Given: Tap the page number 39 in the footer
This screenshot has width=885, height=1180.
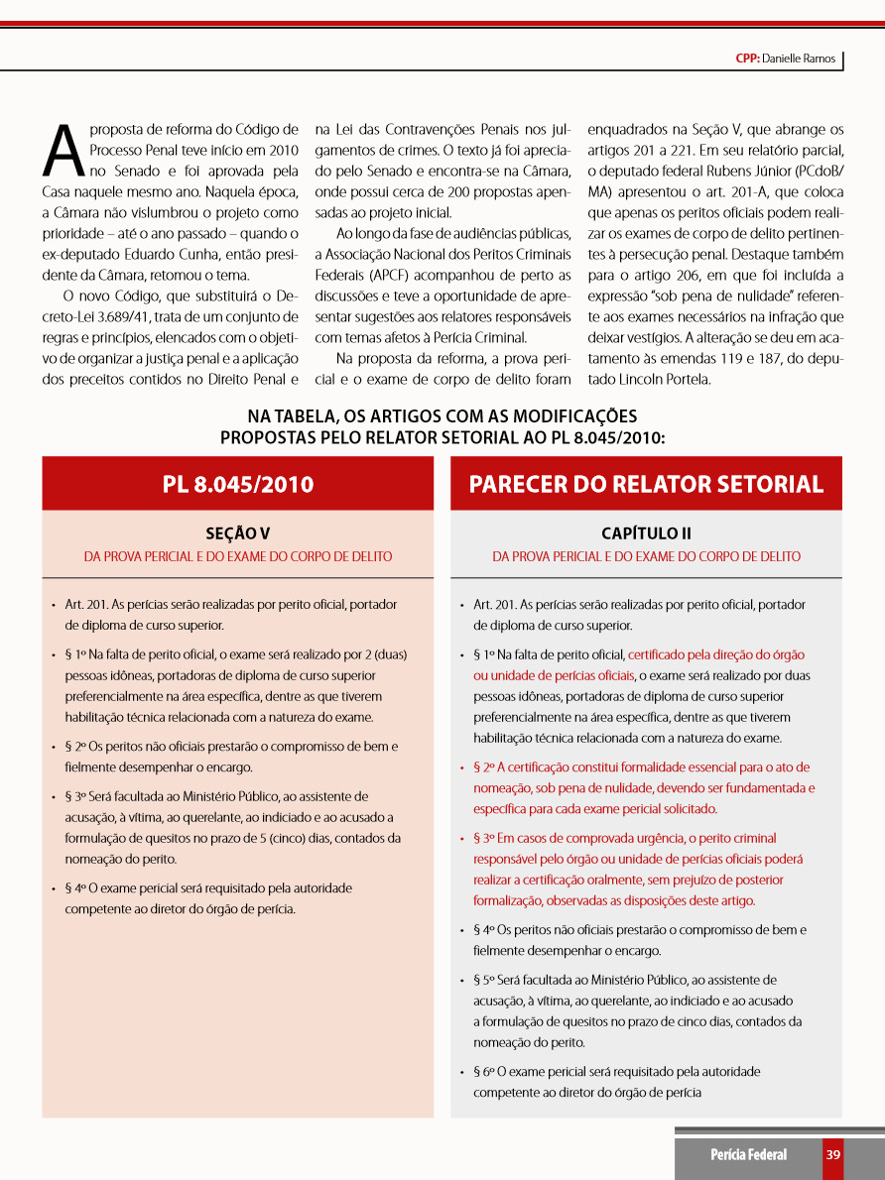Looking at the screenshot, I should coord(833,1154).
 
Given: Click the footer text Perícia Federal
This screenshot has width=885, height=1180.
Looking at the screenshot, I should coord(748,1154).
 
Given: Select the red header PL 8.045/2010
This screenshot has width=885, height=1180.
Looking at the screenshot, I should coord(238,484).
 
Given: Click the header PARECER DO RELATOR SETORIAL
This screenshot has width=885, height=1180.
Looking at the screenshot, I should coord(646,484).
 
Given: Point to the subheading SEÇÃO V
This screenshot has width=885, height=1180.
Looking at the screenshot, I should coord(237,533).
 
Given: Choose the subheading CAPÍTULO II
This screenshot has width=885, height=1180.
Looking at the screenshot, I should coord(646,533).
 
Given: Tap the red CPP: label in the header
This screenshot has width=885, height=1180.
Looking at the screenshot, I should coord(747,59).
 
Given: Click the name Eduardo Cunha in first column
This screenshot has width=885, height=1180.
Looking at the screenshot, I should coord(180,254).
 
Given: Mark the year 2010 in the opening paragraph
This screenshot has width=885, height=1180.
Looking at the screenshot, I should coord(282,150).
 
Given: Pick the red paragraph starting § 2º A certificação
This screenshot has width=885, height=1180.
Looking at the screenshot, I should coord(644,787).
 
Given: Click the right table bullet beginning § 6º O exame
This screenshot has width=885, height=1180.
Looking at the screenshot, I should coord(616,1082).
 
